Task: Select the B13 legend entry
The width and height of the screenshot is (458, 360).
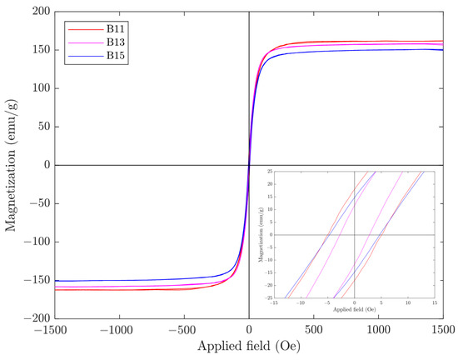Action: pos(116,42)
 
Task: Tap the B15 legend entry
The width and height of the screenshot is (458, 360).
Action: pos(116,55)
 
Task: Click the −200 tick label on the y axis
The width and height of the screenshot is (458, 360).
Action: pos(35,318)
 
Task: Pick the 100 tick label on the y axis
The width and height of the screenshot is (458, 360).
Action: pos(37,88)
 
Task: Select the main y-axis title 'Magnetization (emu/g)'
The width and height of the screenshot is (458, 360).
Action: pos(11,165)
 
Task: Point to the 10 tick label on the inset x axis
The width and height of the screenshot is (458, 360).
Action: pos(408,302)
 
